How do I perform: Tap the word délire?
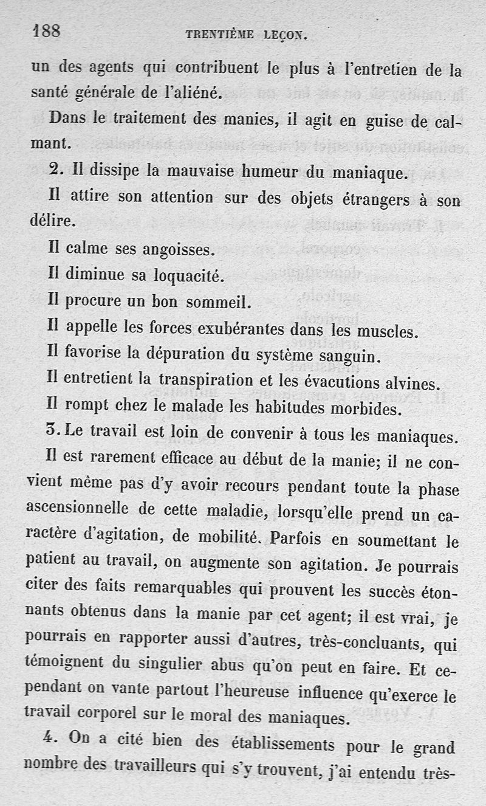[53, 221]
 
